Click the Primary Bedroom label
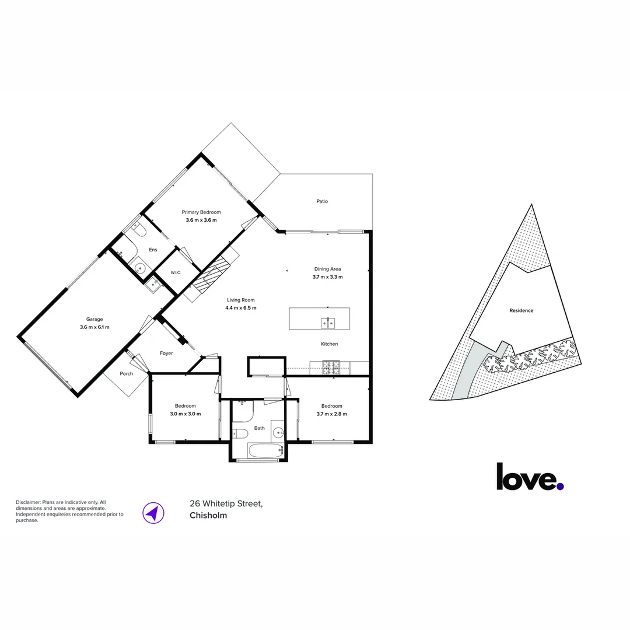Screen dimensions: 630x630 pos(201,212)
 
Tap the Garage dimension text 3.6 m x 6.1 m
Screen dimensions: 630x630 pos(94,327)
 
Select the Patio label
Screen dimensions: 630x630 pos(322,201)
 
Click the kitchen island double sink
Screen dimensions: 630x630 pos(328,323)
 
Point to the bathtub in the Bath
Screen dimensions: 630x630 pos(266,450)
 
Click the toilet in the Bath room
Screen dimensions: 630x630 pos(241,433)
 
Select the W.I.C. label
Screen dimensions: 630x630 pos(176,272)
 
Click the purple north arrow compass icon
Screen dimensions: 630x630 pos(153,513)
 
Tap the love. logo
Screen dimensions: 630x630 pos(530,477)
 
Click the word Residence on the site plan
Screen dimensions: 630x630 pos(521,310)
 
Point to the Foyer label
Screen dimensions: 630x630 pos(166,353)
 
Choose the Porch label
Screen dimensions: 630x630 pos(126,374)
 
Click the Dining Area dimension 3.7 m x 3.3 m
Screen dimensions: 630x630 pos(327,277)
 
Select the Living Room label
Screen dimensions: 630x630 pos(241,300)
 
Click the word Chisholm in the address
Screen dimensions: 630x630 pos(208,516)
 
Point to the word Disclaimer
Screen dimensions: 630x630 pos(28,502)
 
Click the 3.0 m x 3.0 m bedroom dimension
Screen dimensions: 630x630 pos(185,414)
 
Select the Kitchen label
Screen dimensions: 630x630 pos(329,344)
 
